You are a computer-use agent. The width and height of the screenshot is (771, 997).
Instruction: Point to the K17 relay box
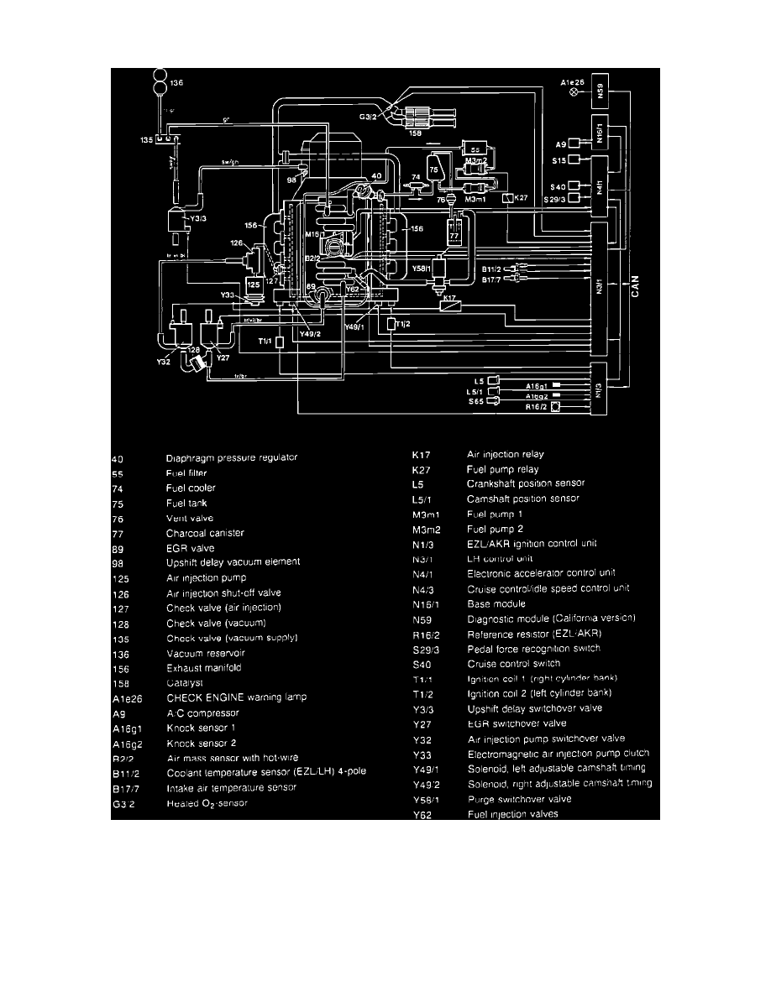[453, 306]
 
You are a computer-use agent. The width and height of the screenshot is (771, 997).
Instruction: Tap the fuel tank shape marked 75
[435, 168]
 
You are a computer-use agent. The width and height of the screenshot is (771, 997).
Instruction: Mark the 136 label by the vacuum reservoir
[176, 83]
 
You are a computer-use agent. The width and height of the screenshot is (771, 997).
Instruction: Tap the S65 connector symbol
[494, 401]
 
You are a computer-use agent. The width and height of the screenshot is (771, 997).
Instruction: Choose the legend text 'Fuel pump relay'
[502, 469]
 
